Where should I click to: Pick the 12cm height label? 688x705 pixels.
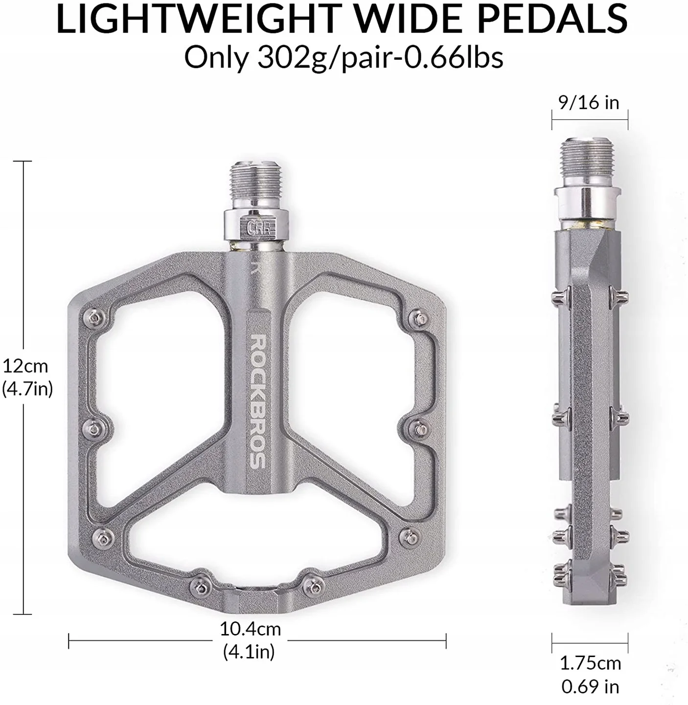click(25, 366)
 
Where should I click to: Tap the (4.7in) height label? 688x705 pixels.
click(27, 389)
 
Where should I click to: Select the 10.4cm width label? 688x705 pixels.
click(250, 629)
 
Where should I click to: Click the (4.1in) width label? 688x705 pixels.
click(249, 652)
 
